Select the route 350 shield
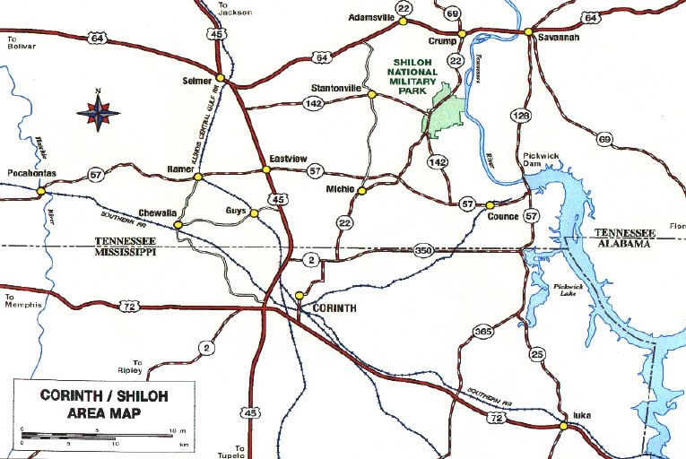click(423, 252)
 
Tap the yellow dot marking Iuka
click(563, 426)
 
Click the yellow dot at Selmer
click(221, 80)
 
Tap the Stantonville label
click(336, 89)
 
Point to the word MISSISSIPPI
click(126, 253)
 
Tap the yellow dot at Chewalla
click(178, 224)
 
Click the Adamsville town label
click(371, 17)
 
